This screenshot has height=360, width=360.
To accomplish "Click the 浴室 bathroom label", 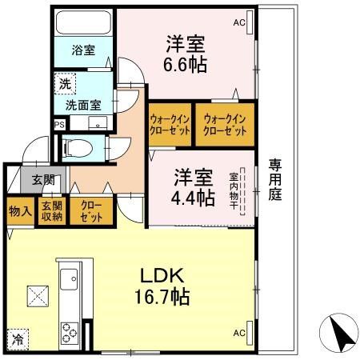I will (x=82, y=50).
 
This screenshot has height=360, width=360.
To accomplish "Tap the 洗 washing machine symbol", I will (x=62, y=82).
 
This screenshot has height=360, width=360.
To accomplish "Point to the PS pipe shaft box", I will (x=58, y=124).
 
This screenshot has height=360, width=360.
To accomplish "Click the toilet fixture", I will (x=78, y=147).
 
